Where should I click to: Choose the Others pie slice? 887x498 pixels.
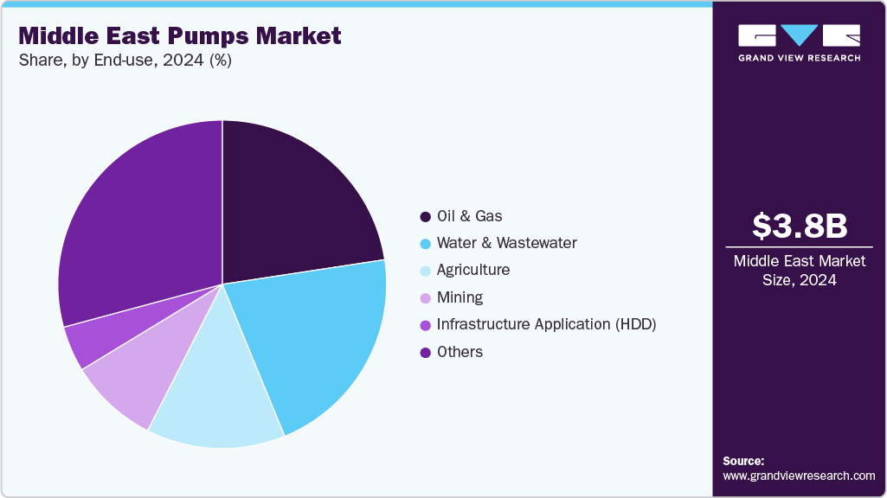point(138,225)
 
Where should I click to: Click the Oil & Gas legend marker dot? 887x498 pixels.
point(425,216)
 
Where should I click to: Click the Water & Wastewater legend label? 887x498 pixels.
point(506,243)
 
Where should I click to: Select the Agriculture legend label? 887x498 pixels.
point(472,270)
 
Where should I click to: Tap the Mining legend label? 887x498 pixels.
point(460,297)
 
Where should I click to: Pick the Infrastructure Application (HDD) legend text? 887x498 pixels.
point(546,324)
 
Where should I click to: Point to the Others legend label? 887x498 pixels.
point(460,351)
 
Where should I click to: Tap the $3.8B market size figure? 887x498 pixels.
point(799,226)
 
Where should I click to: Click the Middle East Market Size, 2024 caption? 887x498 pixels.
point(799,271)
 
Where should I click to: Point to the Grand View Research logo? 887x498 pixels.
point(799,42)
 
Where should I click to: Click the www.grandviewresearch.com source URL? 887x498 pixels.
point(799,476)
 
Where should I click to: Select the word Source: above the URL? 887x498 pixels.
point(743,461)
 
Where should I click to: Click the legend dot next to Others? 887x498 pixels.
point(425,351)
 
